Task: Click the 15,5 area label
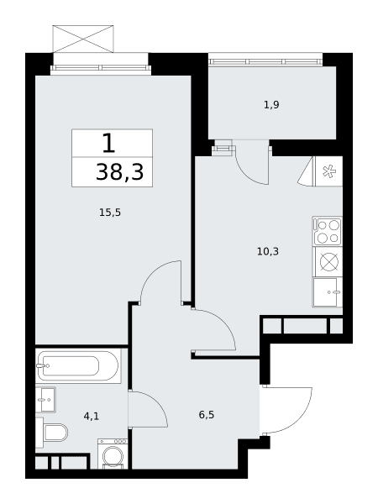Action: click(x=110, y=213)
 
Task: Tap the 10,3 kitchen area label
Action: click(x=268, y=251)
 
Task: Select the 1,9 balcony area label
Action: click(x=271, y=105)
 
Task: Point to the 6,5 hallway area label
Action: click(x=207, y=415)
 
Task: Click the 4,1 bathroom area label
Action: click(x=92, y=417)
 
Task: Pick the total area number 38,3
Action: click(x=119, y=172)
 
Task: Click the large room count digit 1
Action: click(x=108, y=144)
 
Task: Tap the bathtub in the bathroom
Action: click(x=78, y=365)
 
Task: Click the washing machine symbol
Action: click(x=113, y=454)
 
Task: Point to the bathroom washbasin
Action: click(x=45, y=400)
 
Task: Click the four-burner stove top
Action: click(x=328, y=232)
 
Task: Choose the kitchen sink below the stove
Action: click(x=328, y=292)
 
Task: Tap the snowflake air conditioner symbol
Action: click(x=329, y=171)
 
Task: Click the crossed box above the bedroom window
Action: click(x=83, y=39)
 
